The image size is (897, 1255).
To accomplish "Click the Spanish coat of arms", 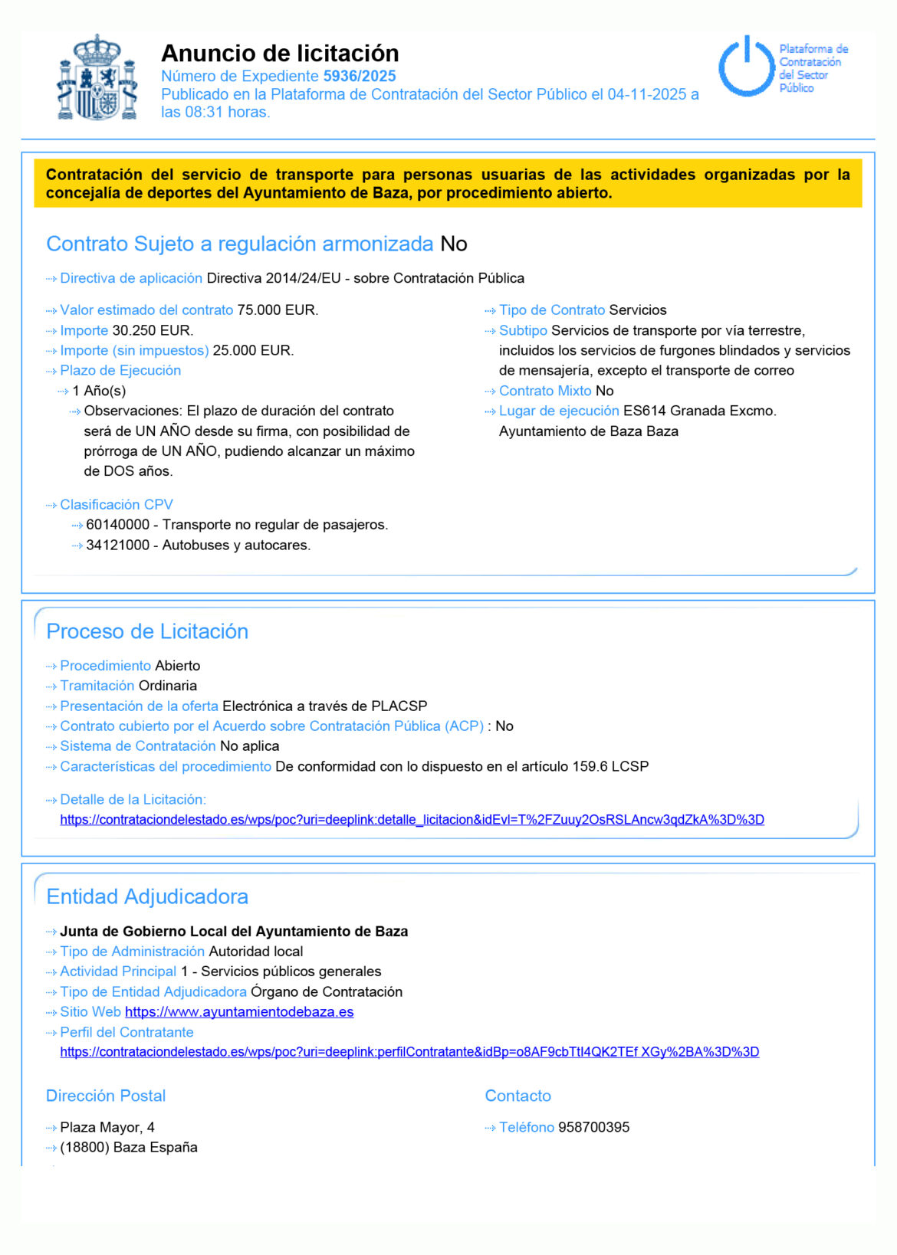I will click(97, 77).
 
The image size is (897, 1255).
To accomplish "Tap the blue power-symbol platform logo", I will click(745, 66).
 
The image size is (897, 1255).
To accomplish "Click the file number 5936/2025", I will click(360, 76).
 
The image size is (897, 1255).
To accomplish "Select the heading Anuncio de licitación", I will click(280, 53).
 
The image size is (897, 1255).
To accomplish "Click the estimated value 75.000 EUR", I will click(278, 310).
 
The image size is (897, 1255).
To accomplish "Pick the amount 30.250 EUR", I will click(153, 330).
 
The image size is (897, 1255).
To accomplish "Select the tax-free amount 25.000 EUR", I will click(253, 350).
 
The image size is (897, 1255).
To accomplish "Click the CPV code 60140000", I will click(118, 525).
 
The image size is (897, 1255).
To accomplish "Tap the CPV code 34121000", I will click(118, 546).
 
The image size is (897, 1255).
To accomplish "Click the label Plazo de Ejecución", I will click(120, 370).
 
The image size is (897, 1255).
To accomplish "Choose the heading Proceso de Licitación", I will click(147, 631).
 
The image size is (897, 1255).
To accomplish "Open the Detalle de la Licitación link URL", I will click(412, 820).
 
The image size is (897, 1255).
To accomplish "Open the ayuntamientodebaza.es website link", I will click(239, 1012).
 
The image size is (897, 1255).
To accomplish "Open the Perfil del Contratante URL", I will click(409, 1052).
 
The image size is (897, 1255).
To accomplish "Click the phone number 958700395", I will click(593, 1127).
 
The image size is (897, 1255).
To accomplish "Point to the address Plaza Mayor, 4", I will click(107, 1127).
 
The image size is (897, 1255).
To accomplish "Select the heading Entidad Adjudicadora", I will click(147, 896).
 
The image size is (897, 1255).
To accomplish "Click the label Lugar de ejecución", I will click(559, 411).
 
